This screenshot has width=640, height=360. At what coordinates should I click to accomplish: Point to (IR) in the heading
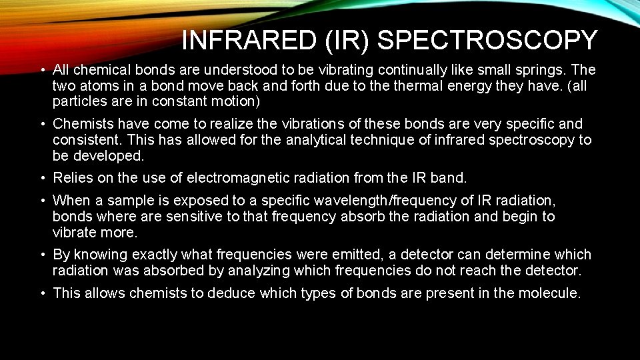pos(345,41)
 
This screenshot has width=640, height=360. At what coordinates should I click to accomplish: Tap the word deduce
pos(232,293)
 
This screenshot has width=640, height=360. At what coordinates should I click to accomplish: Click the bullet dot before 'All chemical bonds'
pos(41,70)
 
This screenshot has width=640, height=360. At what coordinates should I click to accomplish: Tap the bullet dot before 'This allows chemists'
pos(41,293)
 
